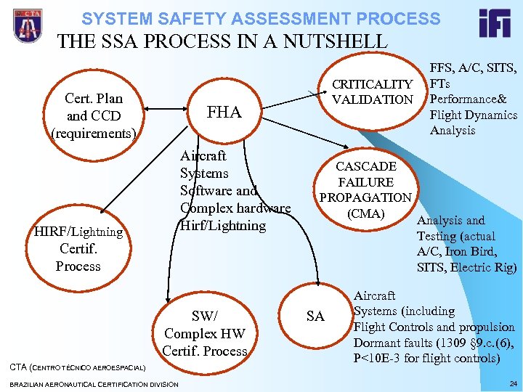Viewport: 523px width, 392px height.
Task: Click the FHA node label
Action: coord(224,112)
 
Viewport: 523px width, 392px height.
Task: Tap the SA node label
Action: coord(315,316)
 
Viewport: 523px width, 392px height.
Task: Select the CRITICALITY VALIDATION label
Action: coord(372,92)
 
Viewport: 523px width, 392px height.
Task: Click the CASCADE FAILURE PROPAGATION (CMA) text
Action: coord(365,189)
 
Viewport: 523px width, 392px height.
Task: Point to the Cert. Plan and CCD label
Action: coord(94,115)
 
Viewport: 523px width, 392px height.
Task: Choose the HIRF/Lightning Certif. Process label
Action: coord(78,249)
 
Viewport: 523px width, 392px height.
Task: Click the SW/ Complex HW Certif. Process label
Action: coord(205,333)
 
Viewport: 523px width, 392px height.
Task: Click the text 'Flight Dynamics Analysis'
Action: coord(473,123)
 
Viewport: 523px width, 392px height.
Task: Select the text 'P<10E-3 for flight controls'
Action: coord(427,359)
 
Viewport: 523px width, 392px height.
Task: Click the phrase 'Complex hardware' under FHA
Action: coord(235,208)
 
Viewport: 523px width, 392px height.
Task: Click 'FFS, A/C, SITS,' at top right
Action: coord(474,68)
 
